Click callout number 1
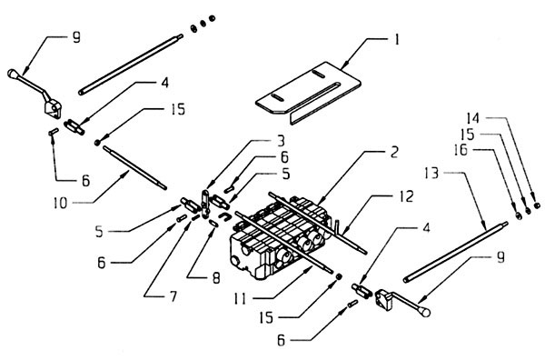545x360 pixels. pyautogui.click(x=396, y=40)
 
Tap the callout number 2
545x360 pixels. pyautogui.click(x=394, y=153)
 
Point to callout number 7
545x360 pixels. pyautogui.click(x=173, y=296)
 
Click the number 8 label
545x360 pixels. pyautogui.click(x=216, y=278)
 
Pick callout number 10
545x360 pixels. pyautogui.click(x=60, y=203)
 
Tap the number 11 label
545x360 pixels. pyautogui.click(x=240, y=299)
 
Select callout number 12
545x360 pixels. pyautogui.click(x=406, y=196)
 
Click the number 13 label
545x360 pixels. pyautogui.click(x=432, y=173)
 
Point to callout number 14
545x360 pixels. pyautogui.click(x=472, y=118)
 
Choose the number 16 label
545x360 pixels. pyautogui.click(x=461, y=150)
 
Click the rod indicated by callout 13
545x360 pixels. pyautogui.click(x=455, y=252)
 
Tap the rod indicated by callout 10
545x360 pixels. pyautogui.click(x=134, y=167)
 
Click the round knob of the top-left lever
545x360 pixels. pyautogui.click(x=13, y=74)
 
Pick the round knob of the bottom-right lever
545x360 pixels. pyautogui.click(x=425, y=312)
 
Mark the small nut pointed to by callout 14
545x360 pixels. pyautogui.click(x=537, y=205)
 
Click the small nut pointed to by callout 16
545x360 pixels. pyautogui.click(x=519, y=216)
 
